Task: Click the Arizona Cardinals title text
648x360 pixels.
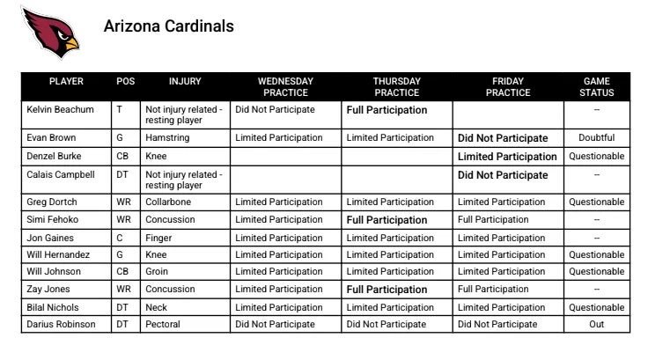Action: pos(169,26)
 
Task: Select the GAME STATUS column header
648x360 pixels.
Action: pos(596,86)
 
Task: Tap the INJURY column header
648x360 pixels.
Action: pos(185,81)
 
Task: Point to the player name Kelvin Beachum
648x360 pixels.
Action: pos(60,110)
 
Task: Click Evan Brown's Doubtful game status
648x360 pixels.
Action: pos(596,138)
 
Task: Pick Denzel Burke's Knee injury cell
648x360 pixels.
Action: pos(156,156)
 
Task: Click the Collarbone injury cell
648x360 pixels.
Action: pos(167,202)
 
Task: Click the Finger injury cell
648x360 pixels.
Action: pos(158,238)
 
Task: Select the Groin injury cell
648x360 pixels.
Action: pos(158,272)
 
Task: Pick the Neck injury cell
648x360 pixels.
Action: pos(157,307)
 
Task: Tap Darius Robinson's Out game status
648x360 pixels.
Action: pos(596,324)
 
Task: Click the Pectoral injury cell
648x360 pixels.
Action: pos(162,324)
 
